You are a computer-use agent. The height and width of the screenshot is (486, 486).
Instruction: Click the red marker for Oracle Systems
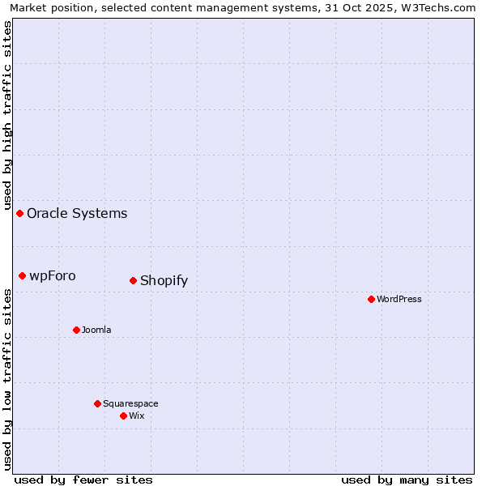(20, 213)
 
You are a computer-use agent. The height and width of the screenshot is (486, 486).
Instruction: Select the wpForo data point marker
(23, 275)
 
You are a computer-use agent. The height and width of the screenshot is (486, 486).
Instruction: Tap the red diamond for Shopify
(134, 280)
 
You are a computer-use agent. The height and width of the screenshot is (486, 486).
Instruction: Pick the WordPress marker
(371, 299)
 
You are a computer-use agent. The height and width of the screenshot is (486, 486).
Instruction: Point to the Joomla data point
(76, 330)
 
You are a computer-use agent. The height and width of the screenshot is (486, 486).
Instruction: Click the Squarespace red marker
(97, 403)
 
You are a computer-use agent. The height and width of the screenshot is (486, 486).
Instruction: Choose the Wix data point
(123, 416)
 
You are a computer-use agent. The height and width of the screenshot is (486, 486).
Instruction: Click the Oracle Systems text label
(77, 214)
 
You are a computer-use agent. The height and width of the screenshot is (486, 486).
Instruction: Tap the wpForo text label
(53, 276)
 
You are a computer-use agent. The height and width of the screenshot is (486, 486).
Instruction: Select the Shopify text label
(164, 281)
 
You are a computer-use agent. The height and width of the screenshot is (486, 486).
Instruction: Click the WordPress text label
(399, 300)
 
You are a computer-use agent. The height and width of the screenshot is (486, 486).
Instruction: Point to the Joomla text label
(96, 330)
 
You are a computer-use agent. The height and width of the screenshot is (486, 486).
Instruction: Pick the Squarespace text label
(130, 404)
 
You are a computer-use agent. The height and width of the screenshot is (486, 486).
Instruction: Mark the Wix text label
(137, 416)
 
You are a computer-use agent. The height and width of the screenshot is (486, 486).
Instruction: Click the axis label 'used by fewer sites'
(83, 480)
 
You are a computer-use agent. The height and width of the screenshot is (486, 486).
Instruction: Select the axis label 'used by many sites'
(407, 480)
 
